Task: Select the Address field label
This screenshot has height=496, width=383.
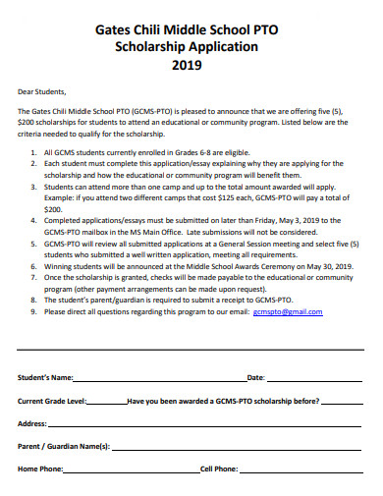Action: pyautogui.click(x=32, y=423)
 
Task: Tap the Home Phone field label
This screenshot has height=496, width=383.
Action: pyautogui.click(x=41, y=469)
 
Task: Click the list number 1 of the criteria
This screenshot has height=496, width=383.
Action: pyautogui.click(x=33, y=152)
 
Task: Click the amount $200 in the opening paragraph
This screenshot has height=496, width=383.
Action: pyautogui.click(x=27, y=123)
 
